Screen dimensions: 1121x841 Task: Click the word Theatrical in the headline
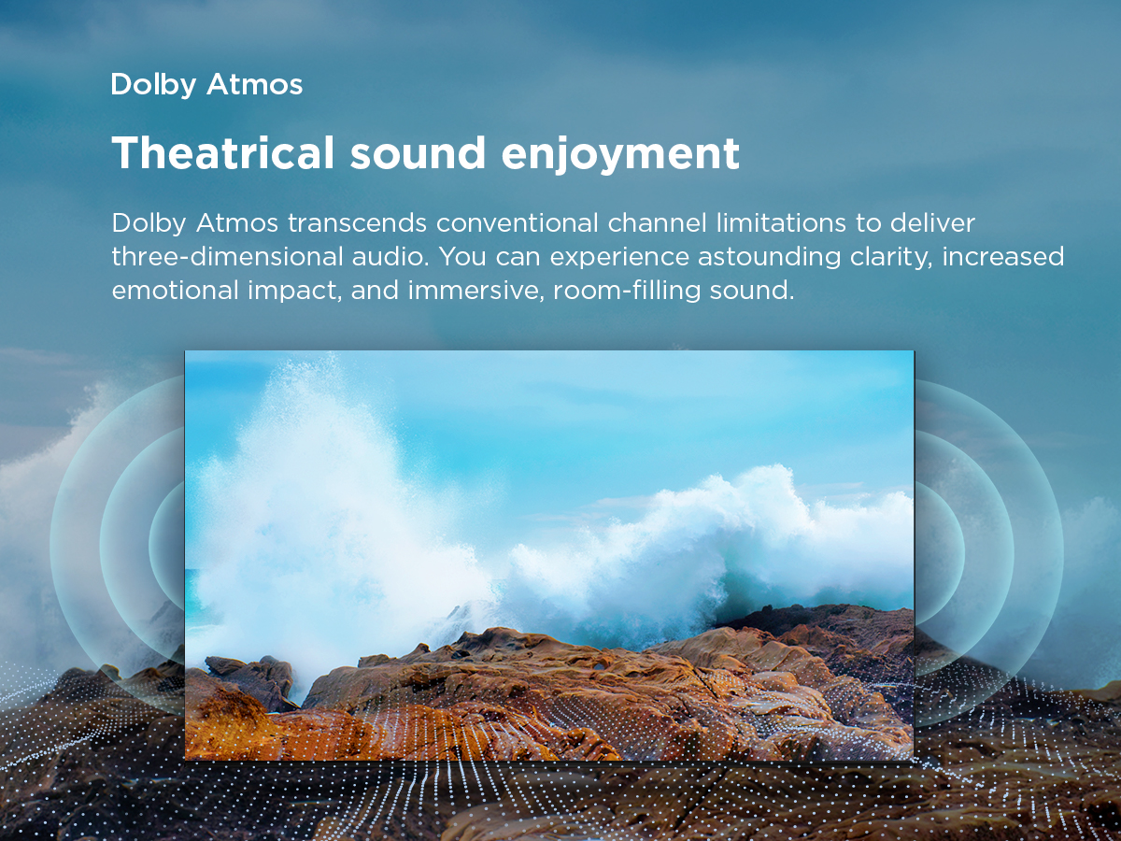pyautogui.click(x=223, y=152)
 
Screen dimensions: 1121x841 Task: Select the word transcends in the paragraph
pyautogui.click(x=357, y=223)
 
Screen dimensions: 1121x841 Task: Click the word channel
pyautogui.click(x=658, y=223)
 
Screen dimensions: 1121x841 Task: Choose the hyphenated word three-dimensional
pyautogui.click(x=227, y=256)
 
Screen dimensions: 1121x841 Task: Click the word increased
pyautogui.click(x=1003, y=256)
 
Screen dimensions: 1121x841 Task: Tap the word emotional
pyautogui.click(x=176, y=290)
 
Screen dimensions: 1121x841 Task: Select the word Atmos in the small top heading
pyautogui.click(x=254, y=84)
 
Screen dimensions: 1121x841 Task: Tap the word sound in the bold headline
pyautogui.click(x=418, y=152)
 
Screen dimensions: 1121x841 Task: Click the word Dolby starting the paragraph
pyautogui.click(x=149, y=224)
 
